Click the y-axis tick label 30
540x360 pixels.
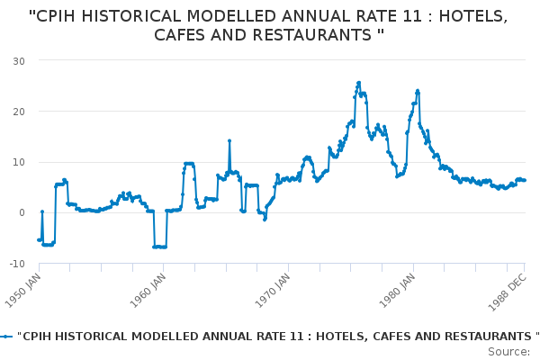(18, 60)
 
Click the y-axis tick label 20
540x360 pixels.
(18, 112)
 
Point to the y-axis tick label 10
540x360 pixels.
(18, 162)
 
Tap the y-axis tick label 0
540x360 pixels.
(21, 213)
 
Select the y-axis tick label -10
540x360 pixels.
(16, 264)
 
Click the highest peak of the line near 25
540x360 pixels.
(358, 83)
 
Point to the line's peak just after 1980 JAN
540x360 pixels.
(418, 91)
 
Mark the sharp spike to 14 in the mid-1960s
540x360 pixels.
(229, 141)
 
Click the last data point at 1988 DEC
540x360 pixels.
(525, 180)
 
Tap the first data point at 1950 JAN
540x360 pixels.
(39, 239)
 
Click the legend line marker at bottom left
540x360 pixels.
(7, 336)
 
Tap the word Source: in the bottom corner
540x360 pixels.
(509, 351)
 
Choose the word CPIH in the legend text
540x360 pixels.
(40, 336)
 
